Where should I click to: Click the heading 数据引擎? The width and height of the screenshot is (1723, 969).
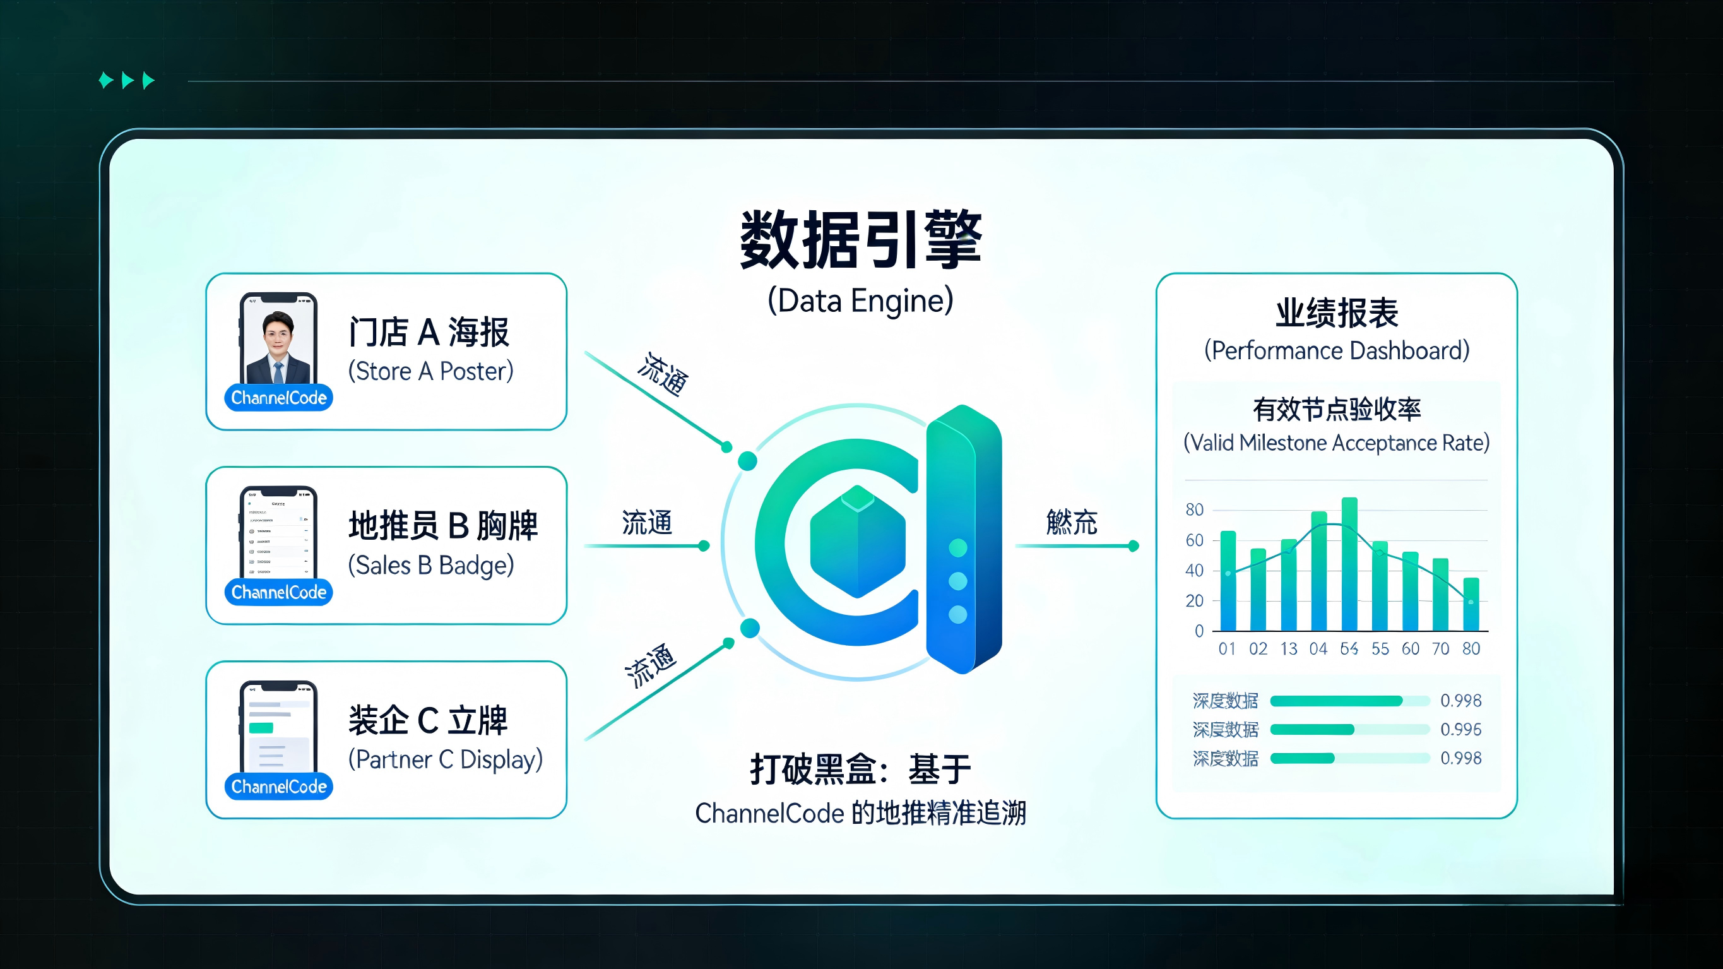860,240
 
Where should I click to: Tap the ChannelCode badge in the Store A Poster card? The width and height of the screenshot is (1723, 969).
278,398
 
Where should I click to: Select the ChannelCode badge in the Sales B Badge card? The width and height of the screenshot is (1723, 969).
278,592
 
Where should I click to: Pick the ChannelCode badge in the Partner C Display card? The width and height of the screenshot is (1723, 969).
278,787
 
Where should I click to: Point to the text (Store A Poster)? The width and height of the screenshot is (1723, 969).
430,371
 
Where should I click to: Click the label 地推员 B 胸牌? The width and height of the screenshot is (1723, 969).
443,525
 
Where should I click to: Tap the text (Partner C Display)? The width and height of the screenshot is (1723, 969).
446,759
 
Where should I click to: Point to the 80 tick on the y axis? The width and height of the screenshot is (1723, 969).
1194,510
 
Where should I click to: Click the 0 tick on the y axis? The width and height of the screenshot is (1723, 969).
1199,631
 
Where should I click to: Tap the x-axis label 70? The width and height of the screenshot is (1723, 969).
1440,648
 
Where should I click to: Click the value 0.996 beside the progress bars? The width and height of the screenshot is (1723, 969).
1461,729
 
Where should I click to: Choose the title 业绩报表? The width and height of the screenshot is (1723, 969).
1336,313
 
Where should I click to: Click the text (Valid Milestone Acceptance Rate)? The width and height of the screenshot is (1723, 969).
1336,443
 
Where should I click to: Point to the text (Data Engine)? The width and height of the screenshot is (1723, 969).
860,301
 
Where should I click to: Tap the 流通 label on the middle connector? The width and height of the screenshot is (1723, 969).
646,523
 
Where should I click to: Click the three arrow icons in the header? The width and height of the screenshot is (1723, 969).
127,81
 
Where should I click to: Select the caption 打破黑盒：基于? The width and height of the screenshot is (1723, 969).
860,769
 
